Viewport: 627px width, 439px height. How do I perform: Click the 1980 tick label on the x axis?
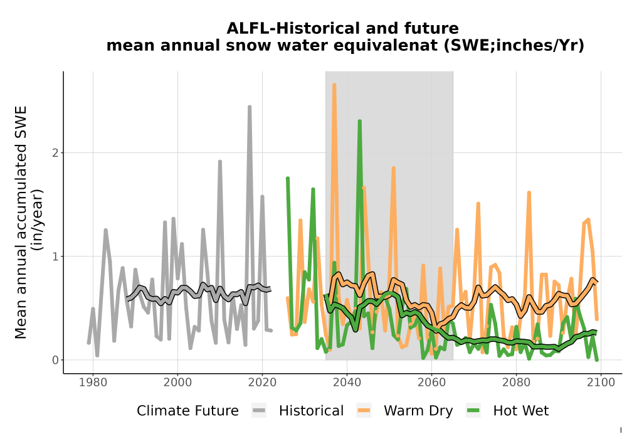(x=93, y=383)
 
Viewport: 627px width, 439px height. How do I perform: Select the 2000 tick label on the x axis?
(x=177, y=383)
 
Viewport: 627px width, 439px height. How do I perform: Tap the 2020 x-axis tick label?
(x=262, y=383)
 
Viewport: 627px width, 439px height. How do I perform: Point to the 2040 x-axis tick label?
(x=347, y=383)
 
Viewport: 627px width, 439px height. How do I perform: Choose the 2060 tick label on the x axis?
(x=431, y=383)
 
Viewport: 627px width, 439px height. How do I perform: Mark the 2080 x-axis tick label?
(x=516, y=383)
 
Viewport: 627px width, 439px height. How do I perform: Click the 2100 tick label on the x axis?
(x=601, y=383)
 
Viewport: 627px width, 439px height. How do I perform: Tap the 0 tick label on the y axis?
(x=55, y=360)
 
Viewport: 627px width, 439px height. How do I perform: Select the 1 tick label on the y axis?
(x=55, y=257)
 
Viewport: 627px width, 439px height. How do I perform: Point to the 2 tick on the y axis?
(x=55, y=153)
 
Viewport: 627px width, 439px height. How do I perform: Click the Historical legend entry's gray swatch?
(x=259, y=411)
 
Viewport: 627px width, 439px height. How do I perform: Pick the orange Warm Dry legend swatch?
(x=364, y=411)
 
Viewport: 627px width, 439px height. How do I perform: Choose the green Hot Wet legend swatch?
(x=473, y=411)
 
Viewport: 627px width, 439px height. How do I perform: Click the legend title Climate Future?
(x=187, y=411)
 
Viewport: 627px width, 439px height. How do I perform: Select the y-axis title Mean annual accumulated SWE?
(x=21, y=222)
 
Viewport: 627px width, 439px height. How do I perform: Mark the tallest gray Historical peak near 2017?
(x=250, y=107)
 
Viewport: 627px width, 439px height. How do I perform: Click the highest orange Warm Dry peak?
(x=334, y=85)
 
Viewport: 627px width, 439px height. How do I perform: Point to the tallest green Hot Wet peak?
(x=360, y=121)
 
